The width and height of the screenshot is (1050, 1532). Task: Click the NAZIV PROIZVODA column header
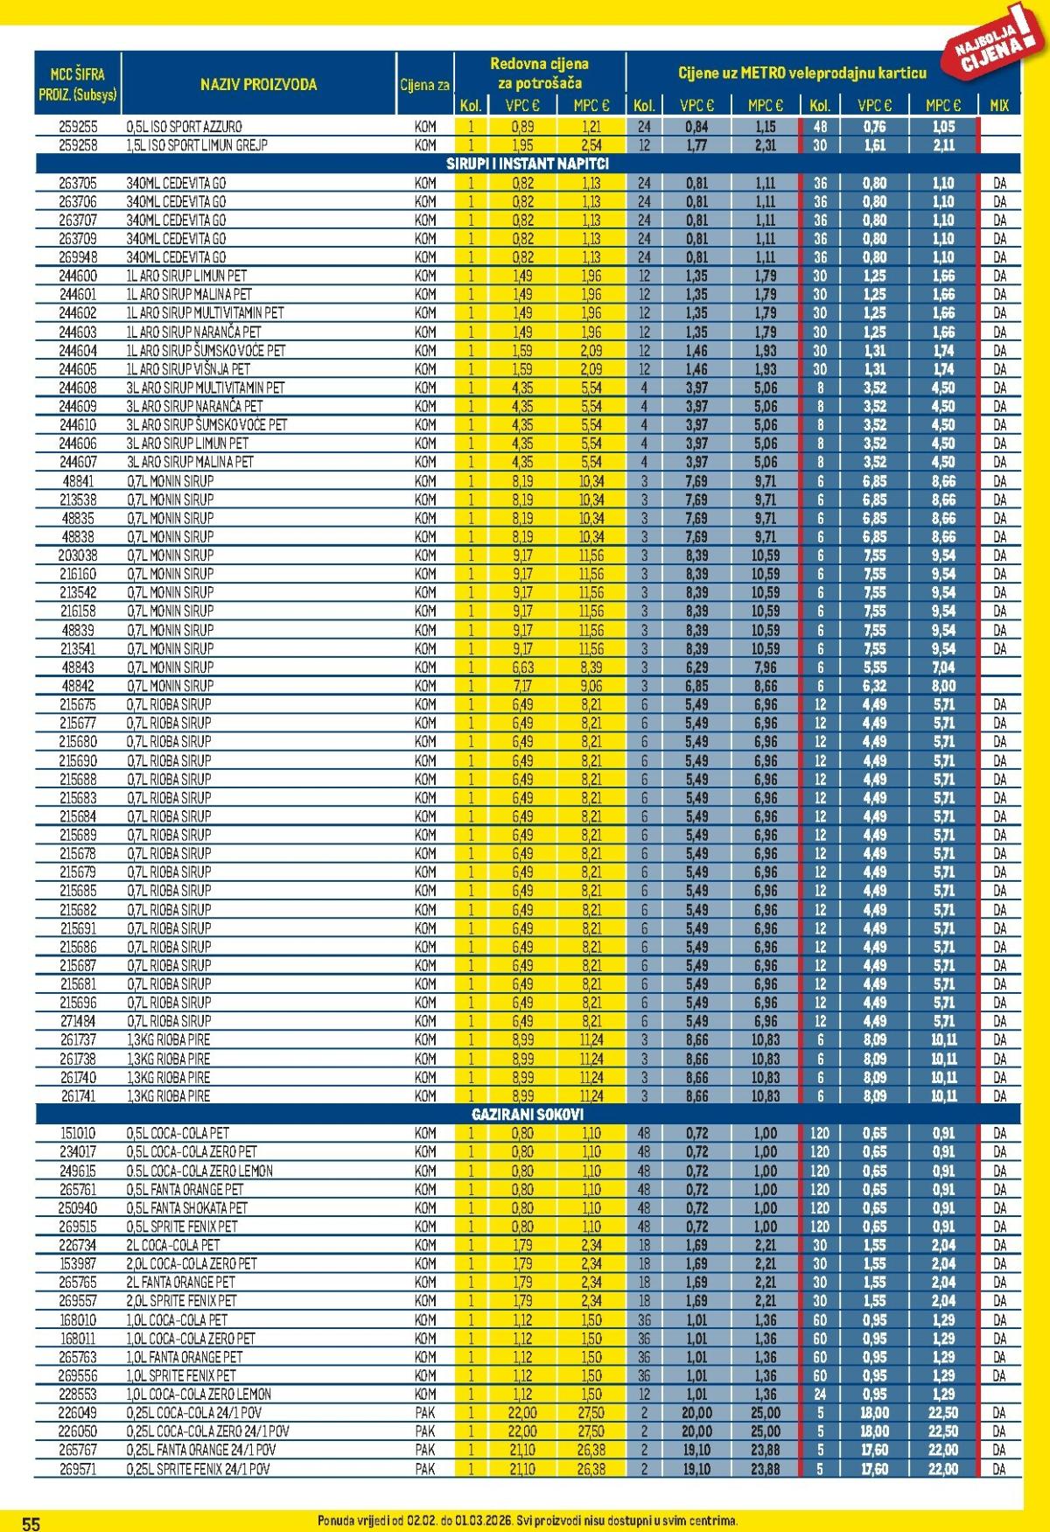[x=258, y=85]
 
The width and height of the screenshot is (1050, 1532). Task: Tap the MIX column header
[x=998, y=105]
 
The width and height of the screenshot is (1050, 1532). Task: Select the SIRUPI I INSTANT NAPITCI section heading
[x=527, y=164]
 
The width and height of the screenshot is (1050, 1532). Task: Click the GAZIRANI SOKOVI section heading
[x=527, y=1115]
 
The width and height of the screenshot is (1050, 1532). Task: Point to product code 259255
[x=78, y=127]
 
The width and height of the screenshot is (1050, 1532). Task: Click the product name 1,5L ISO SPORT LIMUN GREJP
[x=197, y=145]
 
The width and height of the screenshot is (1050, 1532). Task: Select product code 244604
[x=78, y=350]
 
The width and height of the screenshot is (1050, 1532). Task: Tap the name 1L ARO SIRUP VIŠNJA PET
[x=188, y=369]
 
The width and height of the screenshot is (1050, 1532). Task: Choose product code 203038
[x=78, y=556]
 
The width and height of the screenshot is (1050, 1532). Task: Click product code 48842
[x=78, y=686]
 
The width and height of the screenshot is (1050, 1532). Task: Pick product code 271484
[x=78, y=1021]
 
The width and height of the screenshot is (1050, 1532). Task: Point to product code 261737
[x=78, y=1040]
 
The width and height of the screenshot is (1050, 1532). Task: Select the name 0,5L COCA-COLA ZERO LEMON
[x=199, y=1171]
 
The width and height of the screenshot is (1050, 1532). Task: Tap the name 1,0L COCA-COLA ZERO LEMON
[x=199, y=1394]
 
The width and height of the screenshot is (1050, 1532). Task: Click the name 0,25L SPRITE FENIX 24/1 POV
[x=199, y=1469]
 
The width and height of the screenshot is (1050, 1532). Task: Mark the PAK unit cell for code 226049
[x=425, y=1413]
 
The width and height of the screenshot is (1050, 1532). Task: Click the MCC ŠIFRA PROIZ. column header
[x=78, y=85]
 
